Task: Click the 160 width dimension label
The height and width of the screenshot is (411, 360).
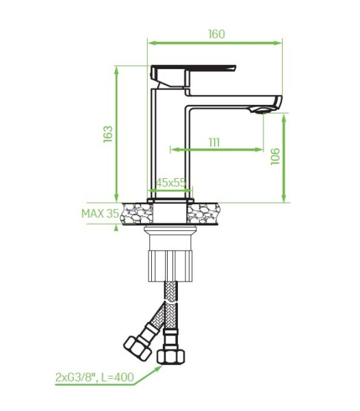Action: click(x=216, y=34)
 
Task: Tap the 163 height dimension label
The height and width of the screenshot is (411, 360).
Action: click(x=108, y=134)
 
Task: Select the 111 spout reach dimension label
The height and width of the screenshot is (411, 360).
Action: click(x=214, y=142)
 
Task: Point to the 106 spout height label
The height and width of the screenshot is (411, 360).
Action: click(x=275, y=156)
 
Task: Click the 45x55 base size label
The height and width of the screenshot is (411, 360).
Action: click(x=170, y=182)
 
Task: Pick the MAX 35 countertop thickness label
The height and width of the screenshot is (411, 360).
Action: click(x=101, y=214)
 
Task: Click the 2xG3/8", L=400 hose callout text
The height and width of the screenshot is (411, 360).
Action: click(x=94, y=377)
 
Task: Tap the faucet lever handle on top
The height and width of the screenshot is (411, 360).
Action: click(x=193, y=76)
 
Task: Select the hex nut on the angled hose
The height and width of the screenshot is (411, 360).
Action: click(x=137, y=348)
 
